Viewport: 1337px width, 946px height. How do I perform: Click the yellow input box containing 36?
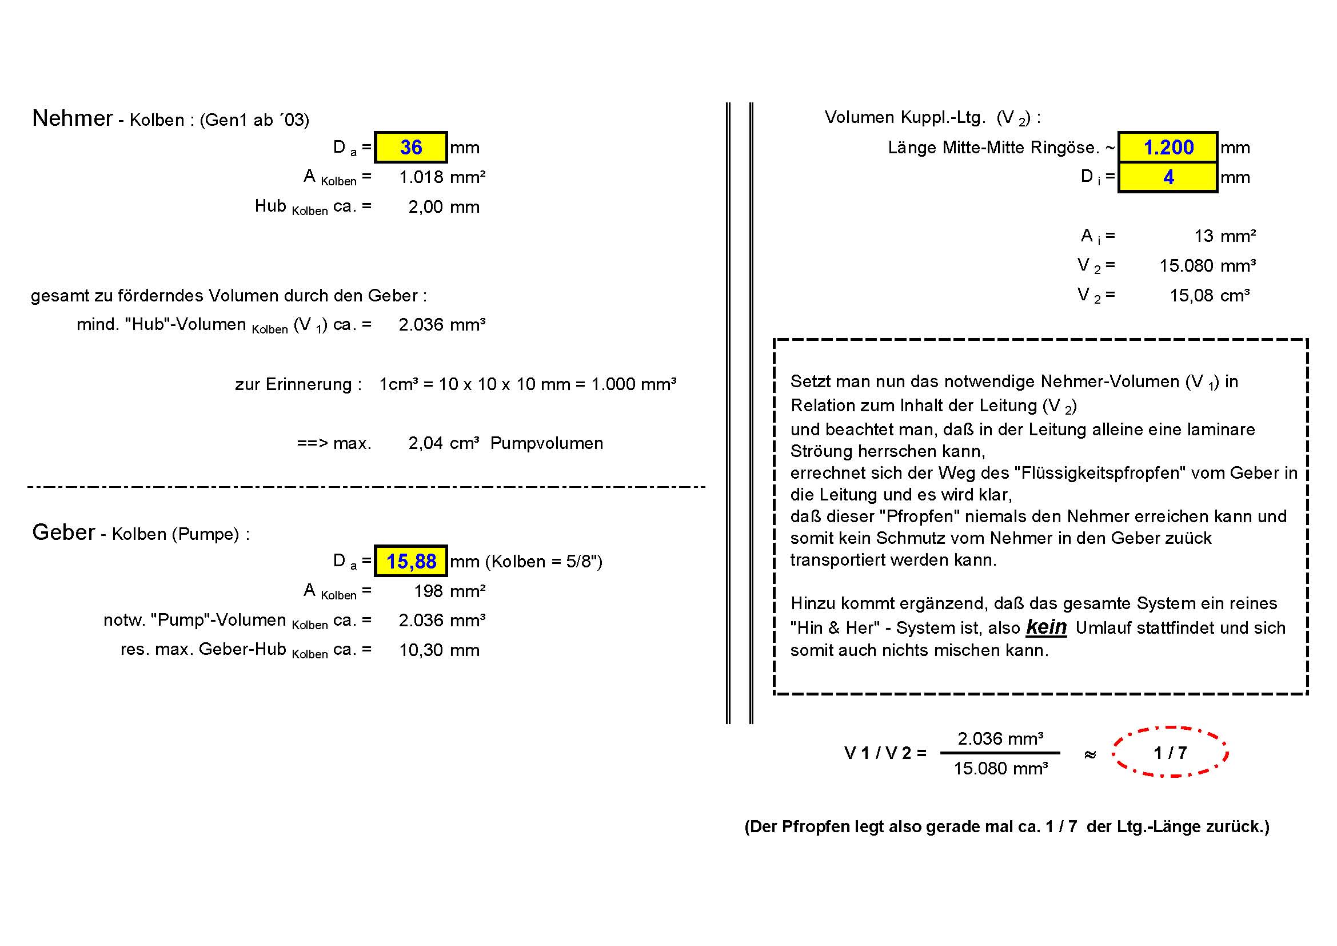[410, 148]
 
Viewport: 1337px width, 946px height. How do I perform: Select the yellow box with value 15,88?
[410, 561]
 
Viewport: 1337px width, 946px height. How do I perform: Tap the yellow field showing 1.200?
[1168, 148]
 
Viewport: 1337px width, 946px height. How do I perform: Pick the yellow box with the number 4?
[1168, 177]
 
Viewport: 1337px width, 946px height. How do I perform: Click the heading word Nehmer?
[72, 118]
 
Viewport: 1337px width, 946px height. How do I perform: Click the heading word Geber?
[63, 532]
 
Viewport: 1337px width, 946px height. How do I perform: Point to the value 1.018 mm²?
[442, 177]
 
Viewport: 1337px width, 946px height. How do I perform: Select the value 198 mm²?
[449, 591]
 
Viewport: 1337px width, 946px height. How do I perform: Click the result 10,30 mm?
[439, 650]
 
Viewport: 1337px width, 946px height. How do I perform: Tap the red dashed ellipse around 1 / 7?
[1170, 752]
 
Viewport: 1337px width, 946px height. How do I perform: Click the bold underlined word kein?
[1046, 627]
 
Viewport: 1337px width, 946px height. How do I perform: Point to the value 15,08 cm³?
[1210, 296]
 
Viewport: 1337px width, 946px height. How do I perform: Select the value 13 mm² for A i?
[1224, 236]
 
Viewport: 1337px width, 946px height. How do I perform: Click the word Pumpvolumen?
[546, 443]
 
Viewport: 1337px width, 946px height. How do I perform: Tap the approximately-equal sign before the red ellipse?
[1090, 754]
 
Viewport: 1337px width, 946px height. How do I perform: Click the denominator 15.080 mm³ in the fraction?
[1000, 769]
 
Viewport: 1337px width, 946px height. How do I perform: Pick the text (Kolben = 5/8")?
[547, 562]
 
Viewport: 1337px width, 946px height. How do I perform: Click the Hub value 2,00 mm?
[444, 207]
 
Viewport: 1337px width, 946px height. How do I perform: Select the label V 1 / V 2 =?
[885, 753]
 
